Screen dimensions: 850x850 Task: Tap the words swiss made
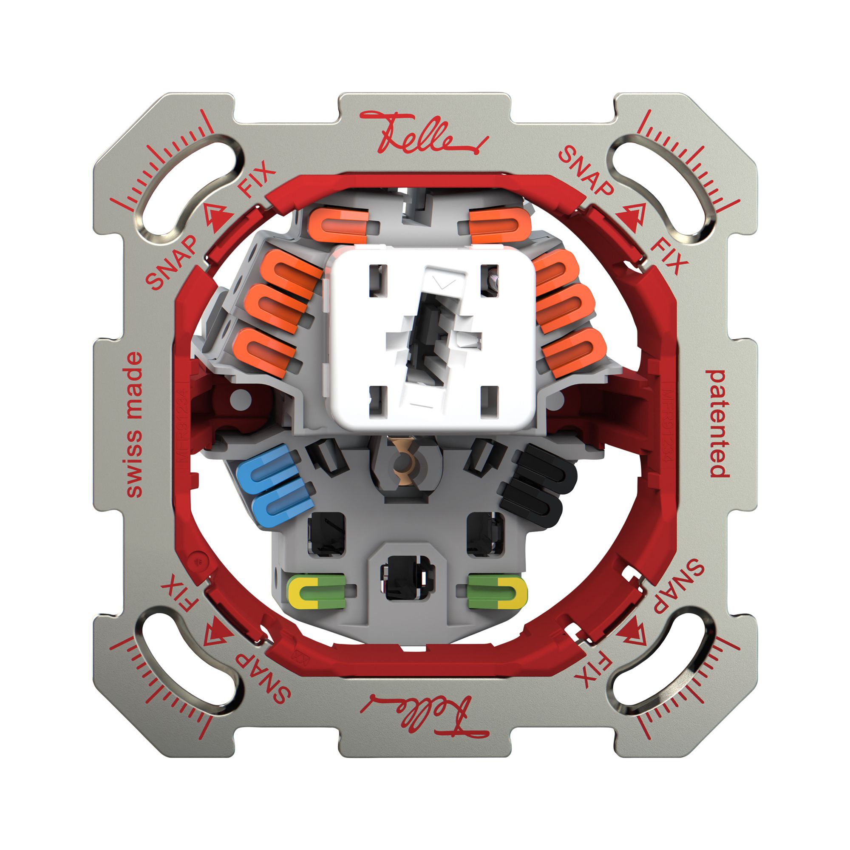(134, 424)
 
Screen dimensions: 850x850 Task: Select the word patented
(717, 424)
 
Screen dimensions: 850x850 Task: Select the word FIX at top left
(257, 179)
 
